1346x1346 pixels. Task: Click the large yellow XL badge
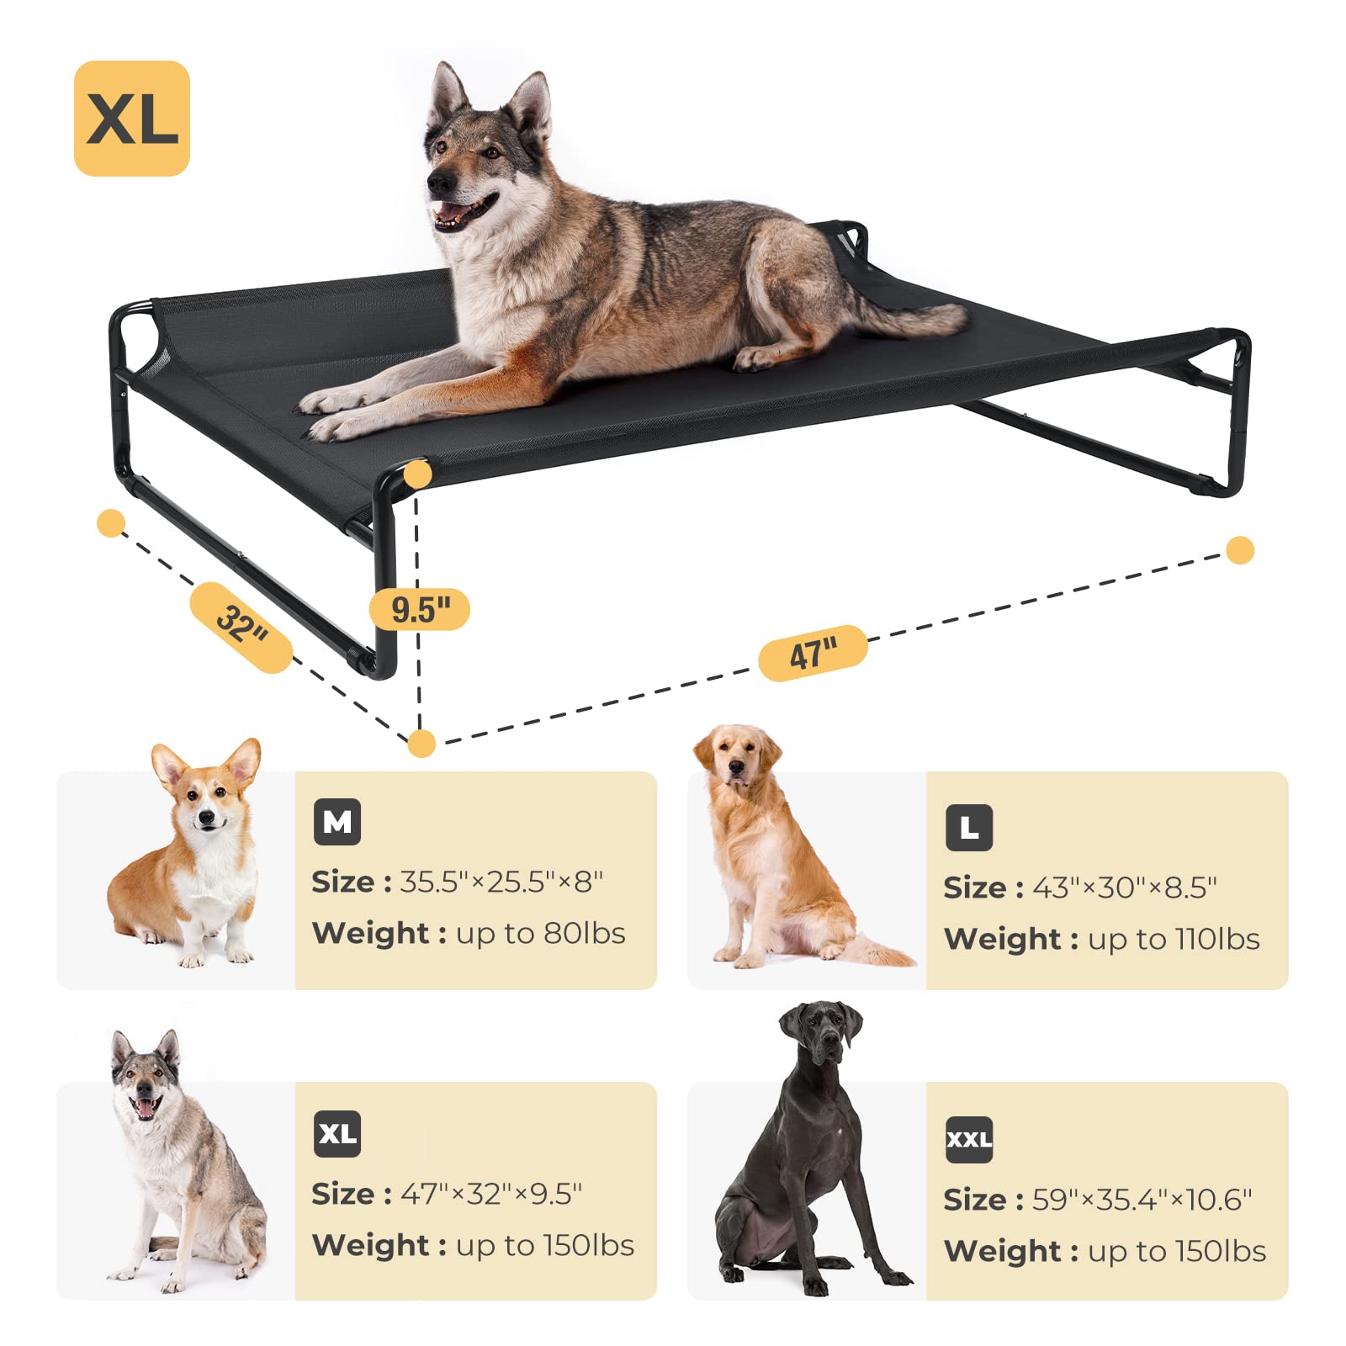132,119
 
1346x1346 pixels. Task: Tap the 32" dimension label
241,627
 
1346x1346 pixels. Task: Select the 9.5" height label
420,609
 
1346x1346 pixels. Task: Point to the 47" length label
813,653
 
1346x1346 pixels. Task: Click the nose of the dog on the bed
438,181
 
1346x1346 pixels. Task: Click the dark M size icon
337,822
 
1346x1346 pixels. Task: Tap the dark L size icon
969,828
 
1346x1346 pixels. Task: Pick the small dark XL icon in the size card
337,1134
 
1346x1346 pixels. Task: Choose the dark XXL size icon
969,1140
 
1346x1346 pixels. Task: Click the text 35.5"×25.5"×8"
501,882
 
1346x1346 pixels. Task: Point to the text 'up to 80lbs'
541,934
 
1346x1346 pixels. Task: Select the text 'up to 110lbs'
1174,940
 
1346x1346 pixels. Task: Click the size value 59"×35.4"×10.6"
1142,1200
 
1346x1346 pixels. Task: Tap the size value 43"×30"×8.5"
1125,888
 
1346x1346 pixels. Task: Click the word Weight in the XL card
371,1246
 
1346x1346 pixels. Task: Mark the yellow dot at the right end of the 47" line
1240,550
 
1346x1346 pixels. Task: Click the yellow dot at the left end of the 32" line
111,522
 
